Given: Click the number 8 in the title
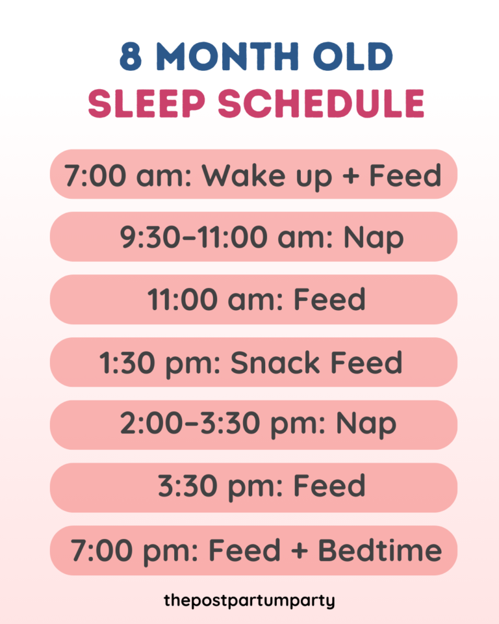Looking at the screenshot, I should [131, 57].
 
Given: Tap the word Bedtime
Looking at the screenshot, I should [380, 551].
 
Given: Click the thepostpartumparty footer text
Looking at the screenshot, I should [249, 600].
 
